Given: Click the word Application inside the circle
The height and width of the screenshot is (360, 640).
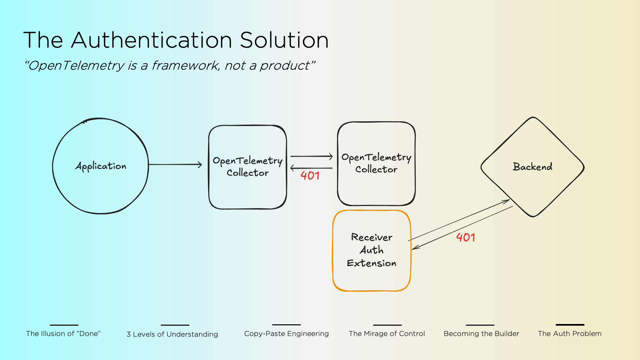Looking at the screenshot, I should pos(101,166).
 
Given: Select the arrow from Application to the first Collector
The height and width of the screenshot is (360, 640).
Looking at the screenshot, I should pos(175,164).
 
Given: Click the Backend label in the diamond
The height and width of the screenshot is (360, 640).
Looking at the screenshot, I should pos(532,167).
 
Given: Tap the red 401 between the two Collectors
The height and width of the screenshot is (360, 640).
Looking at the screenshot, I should pos(310,176).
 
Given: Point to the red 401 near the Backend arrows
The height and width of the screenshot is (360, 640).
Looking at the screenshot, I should pos(466,237).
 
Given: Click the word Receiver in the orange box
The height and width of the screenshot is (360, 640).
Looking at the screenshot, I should pos(372,237).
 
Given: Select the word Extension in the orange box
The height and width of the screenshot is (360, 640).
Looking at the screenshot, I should pos(372,263).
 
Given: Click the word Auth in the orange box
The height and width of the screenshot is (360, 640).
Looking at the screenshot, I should pos(372,250).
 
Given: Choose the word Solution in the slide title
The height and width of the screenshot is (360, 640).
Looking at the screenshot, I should pos(284,40).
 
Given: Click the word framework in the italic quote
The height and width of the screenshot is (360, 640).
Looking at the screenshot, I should pos(186,65).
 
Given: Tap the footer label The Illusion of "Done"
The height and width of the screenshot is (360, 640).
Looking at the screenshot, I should pos(63,334).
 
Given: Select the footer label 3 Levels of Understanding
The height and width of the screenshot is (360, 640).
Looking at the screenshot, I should pos(172,334).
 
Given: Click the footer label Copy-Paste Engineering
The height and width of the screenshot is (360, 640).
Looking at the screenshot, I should pos(286,334).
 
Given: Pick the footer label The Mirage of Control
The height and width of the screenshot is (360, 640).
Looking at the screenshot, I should pos(387,334).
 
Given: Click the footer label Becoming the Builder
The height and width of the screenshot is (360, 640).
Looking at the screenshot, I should pos(481,334).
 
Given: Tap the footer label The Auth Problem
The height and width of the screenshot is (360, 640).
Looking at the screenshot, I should pos(570,334).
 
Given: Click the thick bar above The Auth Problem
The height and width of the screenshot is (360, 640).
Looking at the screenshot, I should pos(570,325).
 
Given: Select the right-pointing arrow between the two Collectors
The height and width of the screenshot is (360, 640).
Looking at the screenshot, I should pos(312,156).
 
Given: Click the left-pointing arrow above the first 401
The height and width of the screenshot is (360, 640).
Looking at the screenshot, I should pos(312,168).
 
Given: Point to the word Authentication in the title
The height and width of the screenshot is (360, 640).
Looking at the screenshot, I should pos(152,40).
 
